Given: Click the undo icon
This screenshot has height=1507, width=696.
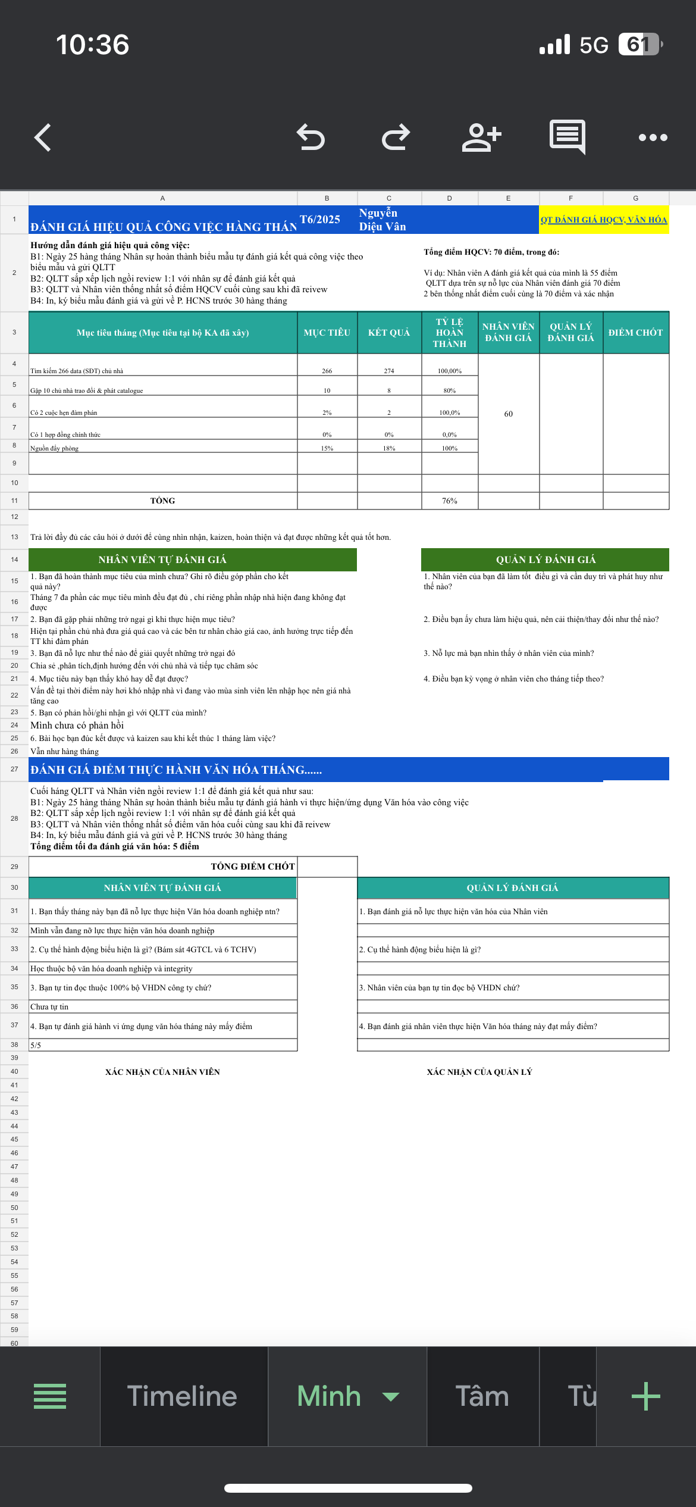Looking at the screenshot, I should point(311,137).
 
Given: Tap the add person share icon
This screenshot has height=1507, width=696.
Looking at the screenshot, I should point(481,137).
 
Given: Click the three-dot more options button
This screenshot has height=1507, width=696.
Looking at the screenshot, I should point(653,137).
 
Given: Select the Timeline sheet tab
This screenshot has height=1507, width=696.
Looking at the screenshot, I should point(182,1396).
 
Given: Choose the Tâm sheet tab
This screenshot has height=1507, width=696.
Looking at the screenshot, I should point(482,1396).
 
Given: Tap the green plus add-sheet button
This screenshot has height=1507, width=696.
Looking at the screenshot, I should point(645,1396).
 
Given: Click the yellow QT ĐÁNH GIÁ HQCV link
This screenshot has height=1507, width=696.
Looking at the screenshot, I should point(603,220).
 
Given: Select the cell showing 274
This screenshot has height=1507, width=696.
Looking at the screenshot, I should point(389,371).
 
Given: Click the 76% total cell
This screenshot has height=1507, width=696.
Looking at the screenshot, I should point(449,501).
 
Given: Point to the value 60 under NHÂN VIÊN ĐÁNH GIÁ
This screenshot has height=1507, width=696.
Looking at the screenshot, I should point(508,414).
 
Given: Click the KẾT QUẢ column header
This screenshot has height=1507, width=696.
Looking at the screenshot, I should point(389,333).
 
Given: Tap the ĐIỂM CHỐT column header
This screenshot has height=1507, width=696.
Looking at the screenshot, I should point(635,333).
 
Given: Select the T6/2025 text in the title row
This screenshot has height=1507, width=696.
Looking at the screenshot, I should point(320,220).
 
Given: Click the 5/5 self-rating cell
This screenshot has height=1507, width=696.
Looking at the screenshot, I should point(36,1045).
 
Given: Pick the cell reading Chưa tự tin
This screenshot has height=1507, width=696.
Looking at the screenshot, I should point(49,1006).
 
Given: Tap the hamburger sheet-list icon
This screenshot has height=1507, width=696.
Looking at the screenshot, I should point(50,1396).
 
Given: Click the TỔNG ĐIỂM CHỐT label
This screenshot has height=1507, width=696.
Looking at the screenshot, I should point(252,867).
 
